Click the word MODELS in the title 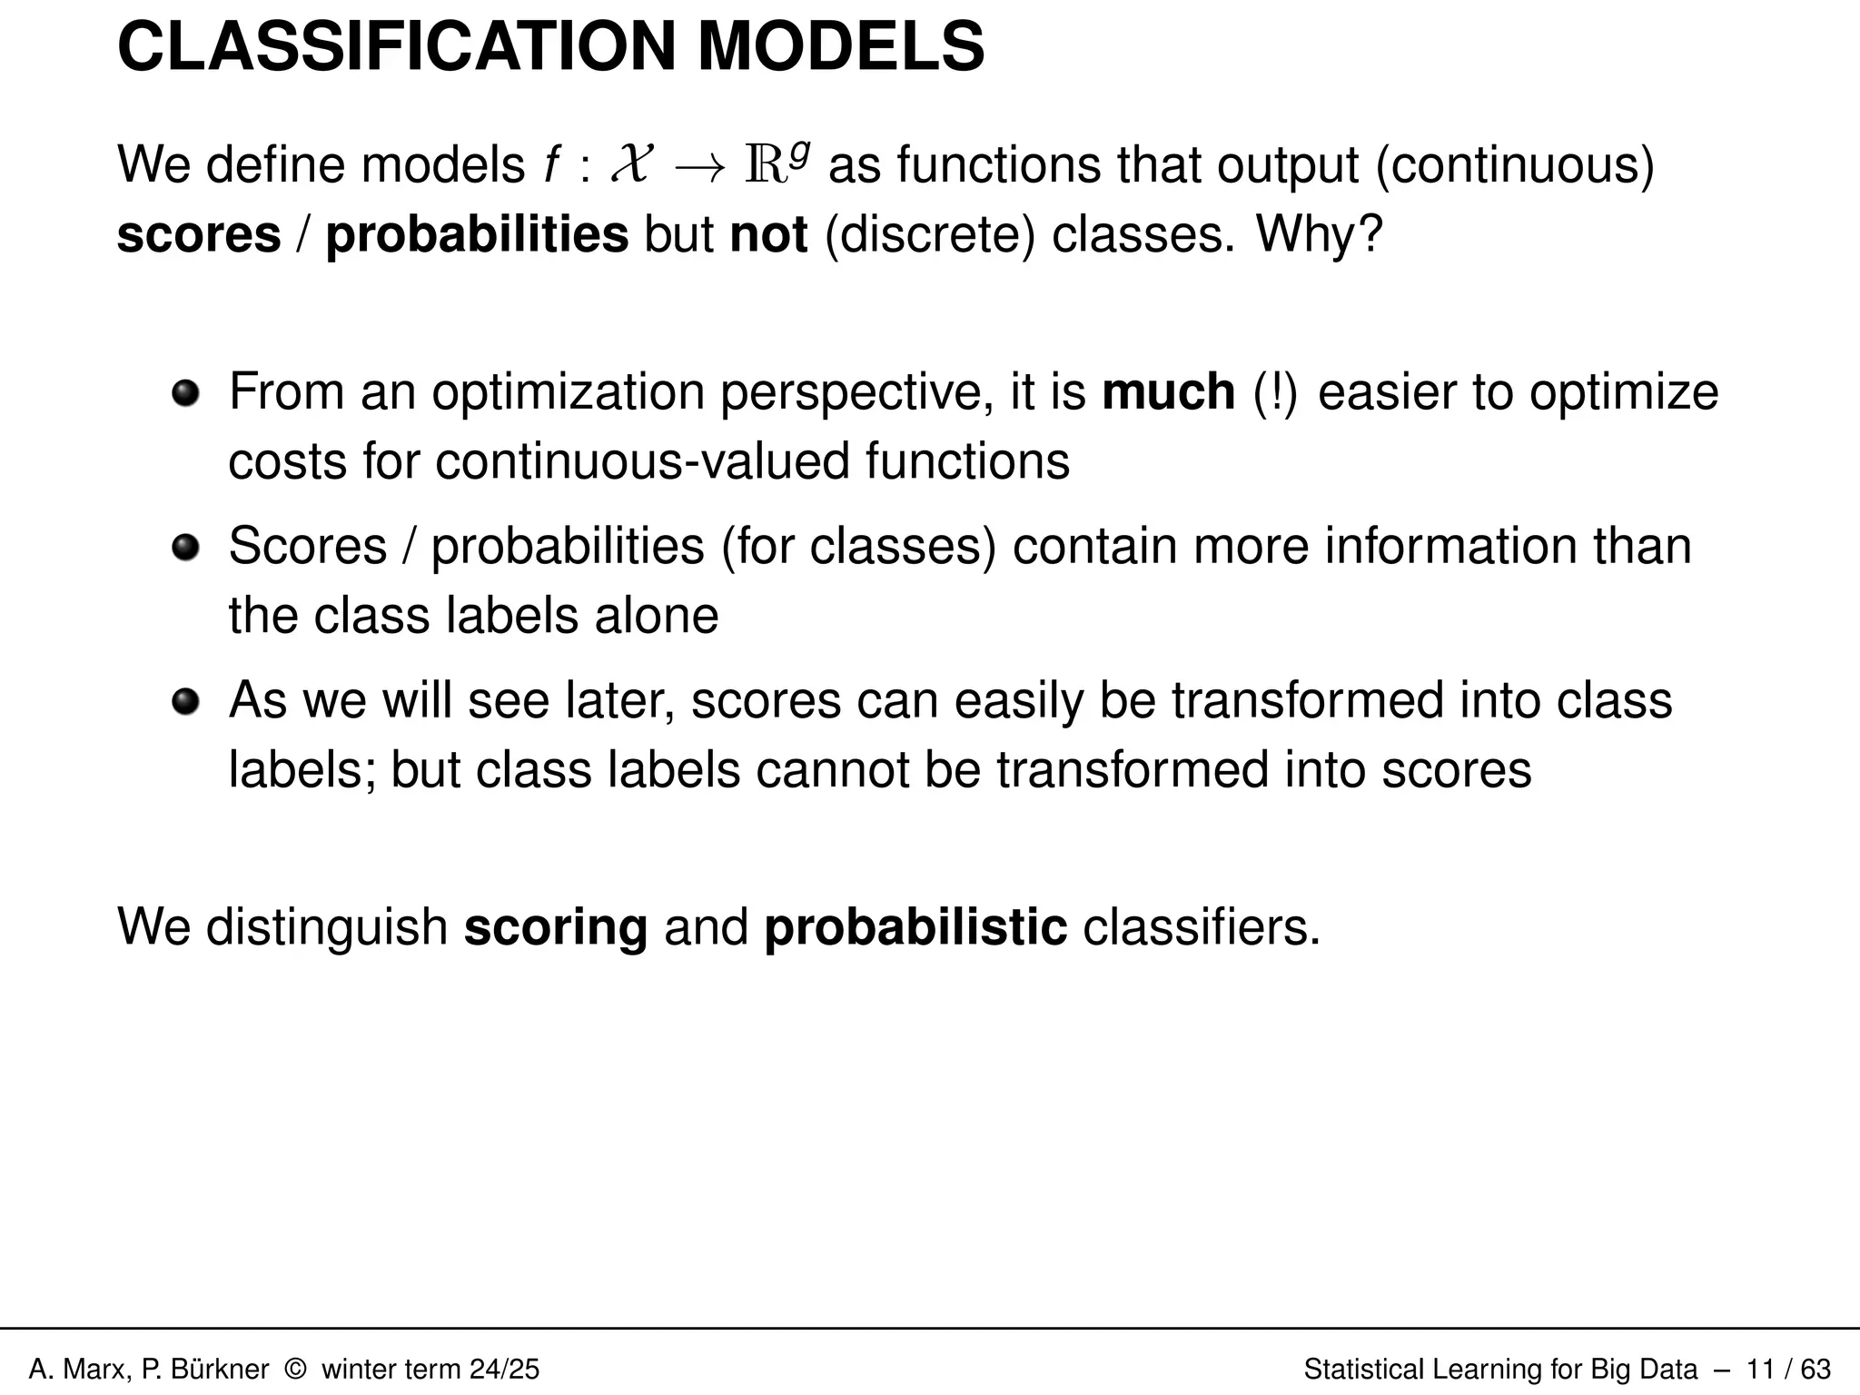(x=840, y=47)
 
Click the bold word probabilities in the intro (x=477, y=234)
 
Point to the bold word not (x=768, y=234)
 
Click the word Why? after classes (x=1319, y=234)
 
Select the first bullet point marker (x=185, y=393)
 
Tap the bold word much (x=1168, y=392)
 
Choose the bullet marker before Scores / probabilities (x=185, y=548)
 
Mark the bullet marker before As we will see (x=185, y=702)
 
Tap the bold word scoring (x=556, y=927)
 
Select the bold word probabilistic (x=915, y=927)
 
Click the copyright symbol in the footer (x=295, y=1369)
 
